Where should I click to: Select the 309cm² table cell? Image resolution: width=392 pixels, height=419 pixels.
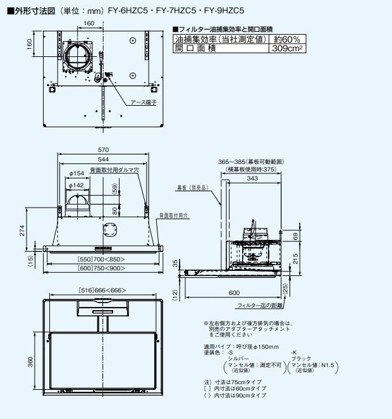(286, 48)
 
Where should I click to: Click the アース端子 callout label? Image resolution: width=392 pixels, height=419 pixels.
(143, 102)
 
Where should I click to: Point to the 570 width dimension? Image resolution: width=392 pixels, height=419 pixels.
(102, 149)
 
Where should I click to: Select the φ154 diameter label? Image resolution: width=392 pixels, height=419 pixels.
(77, 173)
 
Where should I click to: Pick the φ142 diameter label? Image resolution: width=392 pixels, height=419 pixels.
(77, 185)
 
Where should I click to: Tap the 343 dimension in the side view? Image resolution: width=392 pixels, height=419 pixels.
(252, 179)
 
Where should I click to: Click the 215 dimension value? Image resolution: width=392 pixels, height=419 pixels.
(295, 258)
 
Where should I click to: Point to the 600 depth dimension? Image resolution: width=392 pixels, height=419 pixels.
(234, 293)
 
